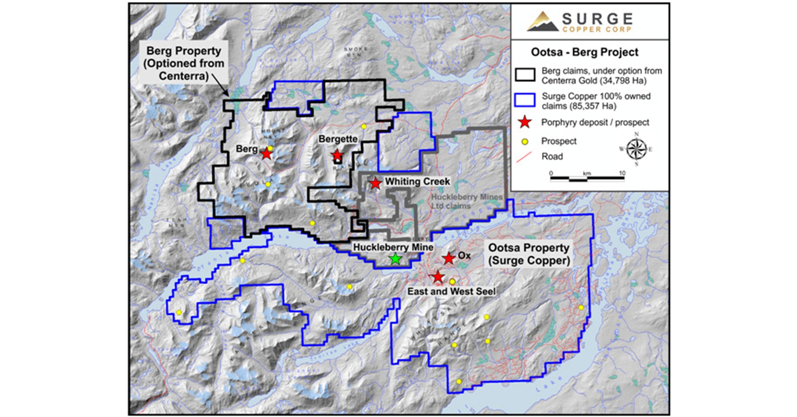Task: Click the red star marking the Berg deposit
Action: point(266,154)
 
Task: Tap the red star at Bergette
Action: point(337,155)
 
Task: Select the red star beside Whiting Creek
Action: point(375,183)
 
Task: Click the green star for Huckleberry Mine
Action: point(395,259)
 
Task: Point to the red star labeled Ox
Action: point(449,258)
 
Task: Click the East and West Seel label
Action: point(451,291)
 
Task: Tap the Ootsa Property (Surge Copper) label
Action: point(529,254)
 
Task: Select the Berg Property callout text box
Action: point(184,63)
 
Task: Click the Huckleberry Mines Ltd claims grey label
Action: point(467,201)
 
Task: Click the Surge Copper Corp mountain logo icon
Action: point(542,22)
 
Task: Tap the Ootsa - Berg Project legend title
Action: point(585,52)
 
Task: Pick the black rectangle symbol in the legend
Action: point(525,75)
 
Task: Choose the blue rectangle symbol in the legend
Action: point(525,100)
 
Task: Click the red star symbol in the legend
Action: point(525,122)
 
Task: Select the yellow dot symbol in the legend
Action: point(525,141)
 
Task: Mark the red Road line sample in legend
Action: point(524,157)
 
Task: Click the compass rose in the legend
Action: point(637,149)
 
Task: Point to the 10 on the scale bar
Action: point(622,173)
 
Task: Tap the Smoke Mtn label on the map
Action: point(355,51)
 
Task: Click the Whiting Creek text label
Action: point(417,182)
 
